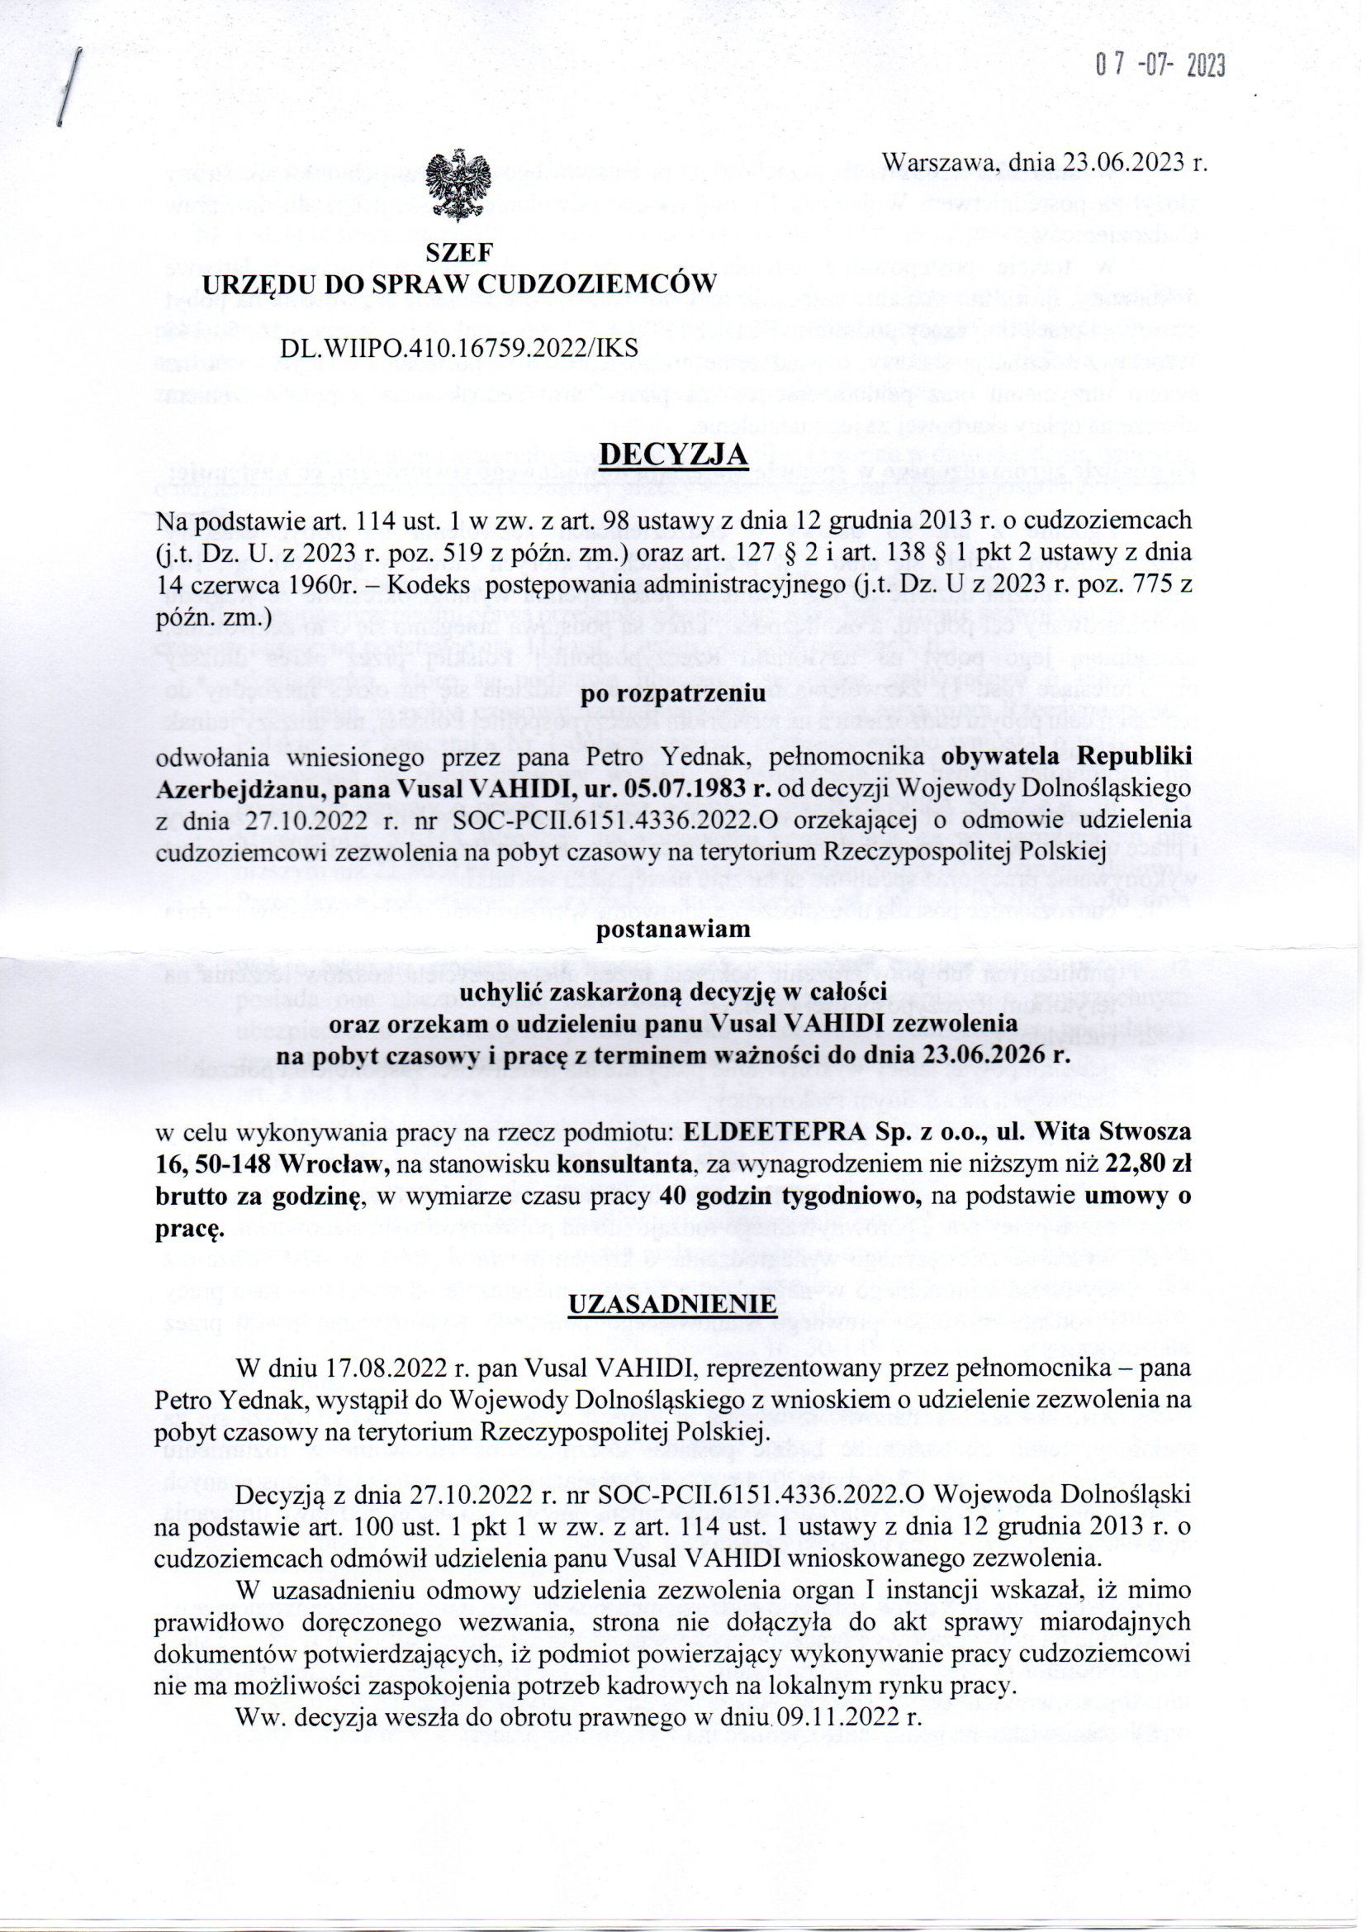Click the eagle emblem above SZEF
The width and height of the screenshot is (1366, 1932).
(x=458, y=186)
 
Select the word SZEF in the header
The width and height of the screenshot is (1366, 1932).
(x=458, y=251)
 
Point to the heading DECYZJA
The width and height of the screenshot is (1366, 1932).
(x=672, y=455)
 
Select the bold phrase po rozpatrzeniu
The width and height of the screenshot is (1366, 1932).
(x=672, y=694)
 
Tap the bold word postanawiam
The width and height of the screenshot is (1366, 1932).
(x=672, y=930)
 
